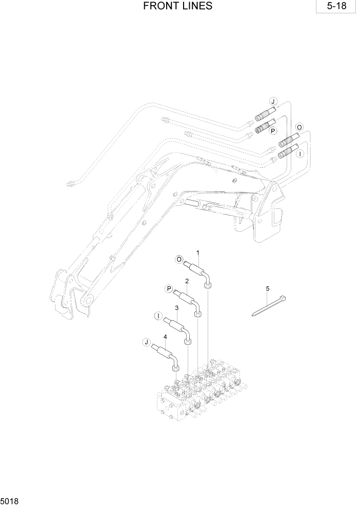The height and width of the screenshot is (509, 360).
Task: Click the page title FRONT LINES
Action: pos(178,7)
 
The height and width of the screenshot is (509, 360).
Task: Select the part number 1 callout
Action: pos(197,253)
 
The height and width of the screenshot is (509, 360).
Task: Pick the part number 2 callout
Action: pos(187,281)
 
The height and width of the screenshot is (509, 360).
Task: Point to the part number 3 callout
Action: pos(176,307)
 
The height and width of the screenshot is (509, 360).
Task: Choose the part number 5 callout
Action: pos(267,289)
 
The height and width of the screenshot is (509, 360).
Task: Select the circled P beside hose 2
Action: pos(168,289)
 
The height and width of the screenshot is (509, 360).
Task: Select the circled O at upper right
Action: pos(299,127)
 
